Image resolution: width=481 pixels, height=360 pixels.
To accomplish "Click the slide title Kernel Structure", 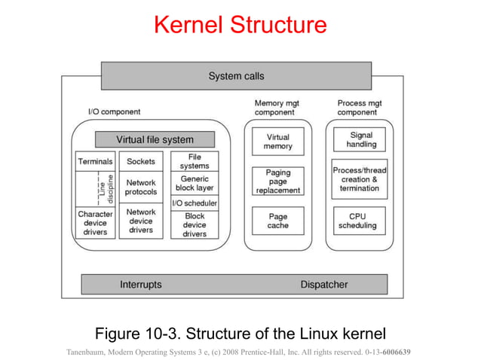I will click(x=240, y=25).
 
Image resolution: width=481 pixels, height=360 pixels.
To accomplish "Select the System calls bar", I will click(x=236, y=76).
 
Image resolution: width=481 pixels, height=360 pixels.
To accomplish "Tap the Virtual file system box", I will click(x=155, y=139).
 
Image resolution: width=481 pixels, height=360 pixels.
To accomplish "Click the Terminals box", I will click(x=95, y=161).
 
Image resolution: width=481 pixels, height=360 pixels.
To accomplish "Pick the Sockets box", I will click(x=141, y=161).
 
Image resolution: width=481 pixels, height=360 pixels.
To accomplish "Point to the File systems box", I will click(x=195, y=161).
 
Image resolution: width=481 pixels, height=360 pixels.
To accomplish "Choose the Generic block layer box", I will click(x=195, y=184).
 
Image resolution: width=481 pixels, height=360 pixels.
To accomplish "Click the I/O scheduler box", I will click(x=195, y=203).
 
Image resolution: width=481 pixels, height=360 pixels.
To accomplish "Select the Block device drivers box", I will click(x=195, y=224).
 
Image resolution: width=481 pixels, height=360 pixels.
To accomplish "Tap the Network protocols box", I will click(x=141, y=187).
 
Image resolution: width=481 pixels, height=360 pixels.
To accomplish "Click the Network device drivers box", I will click(x=141, y=221).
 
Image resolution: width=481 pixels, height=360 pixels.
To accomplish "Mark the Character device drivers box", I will click(x=95, y=223).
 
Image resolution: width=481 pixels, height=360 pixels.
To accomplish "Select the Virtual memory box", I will click(x=277, y=142).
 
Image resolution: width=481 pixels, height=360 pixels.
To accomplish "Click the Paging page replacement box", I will click(x=277, y=182).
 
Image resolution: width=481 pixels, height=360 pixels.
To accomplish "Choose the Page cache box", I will click(x=277, y=221).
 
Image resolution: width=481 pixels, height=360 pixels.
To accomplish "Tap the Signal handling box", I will click(x=361, y=140).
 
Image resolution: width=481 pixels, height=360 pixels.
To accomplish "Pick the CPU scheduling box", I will click(x=361, y=221).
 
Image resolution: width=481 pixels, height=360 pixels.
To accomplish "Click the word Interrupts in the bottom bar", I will click(x=140, y=285).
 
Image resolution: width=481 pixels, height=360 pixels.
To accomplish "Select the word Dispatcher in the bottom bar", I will click(x=324, y=285).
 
